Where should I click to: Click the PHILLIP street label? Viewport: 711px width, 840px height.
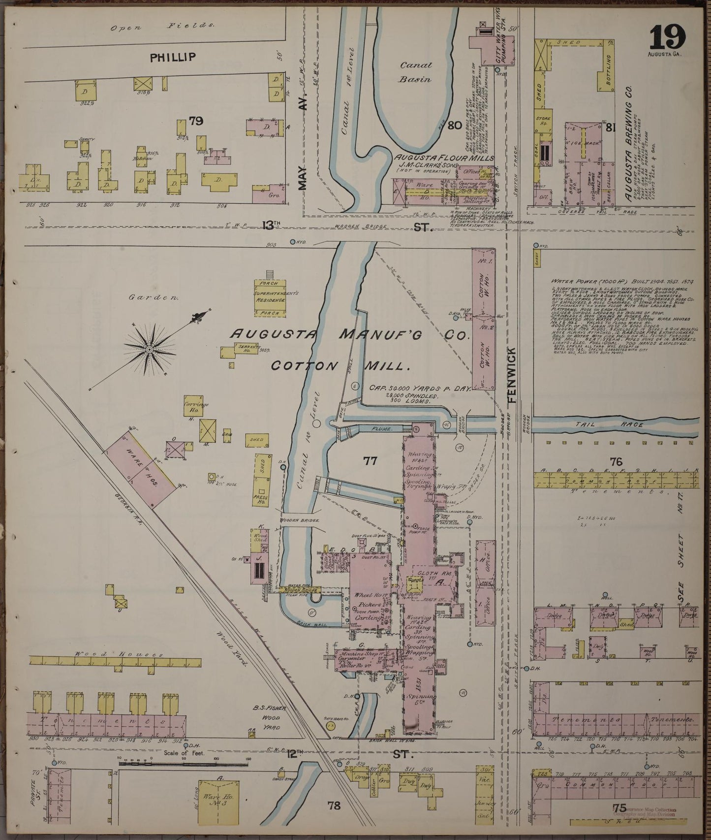[173, 58]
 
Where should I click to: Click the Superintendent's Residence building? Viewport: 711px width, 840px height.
[269, 298]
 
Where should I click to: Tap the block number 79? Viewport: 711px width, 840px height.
[196, 121]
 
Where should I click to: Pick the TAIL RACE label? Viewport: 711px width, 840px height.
[594, 423]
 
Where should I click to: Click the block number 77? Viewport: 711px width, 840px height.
[370, 461]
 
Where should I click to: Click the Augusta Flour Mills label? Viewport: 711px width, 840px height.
[443, 159]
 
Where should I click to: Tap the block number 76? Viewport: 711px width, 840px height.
[616, 461]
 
